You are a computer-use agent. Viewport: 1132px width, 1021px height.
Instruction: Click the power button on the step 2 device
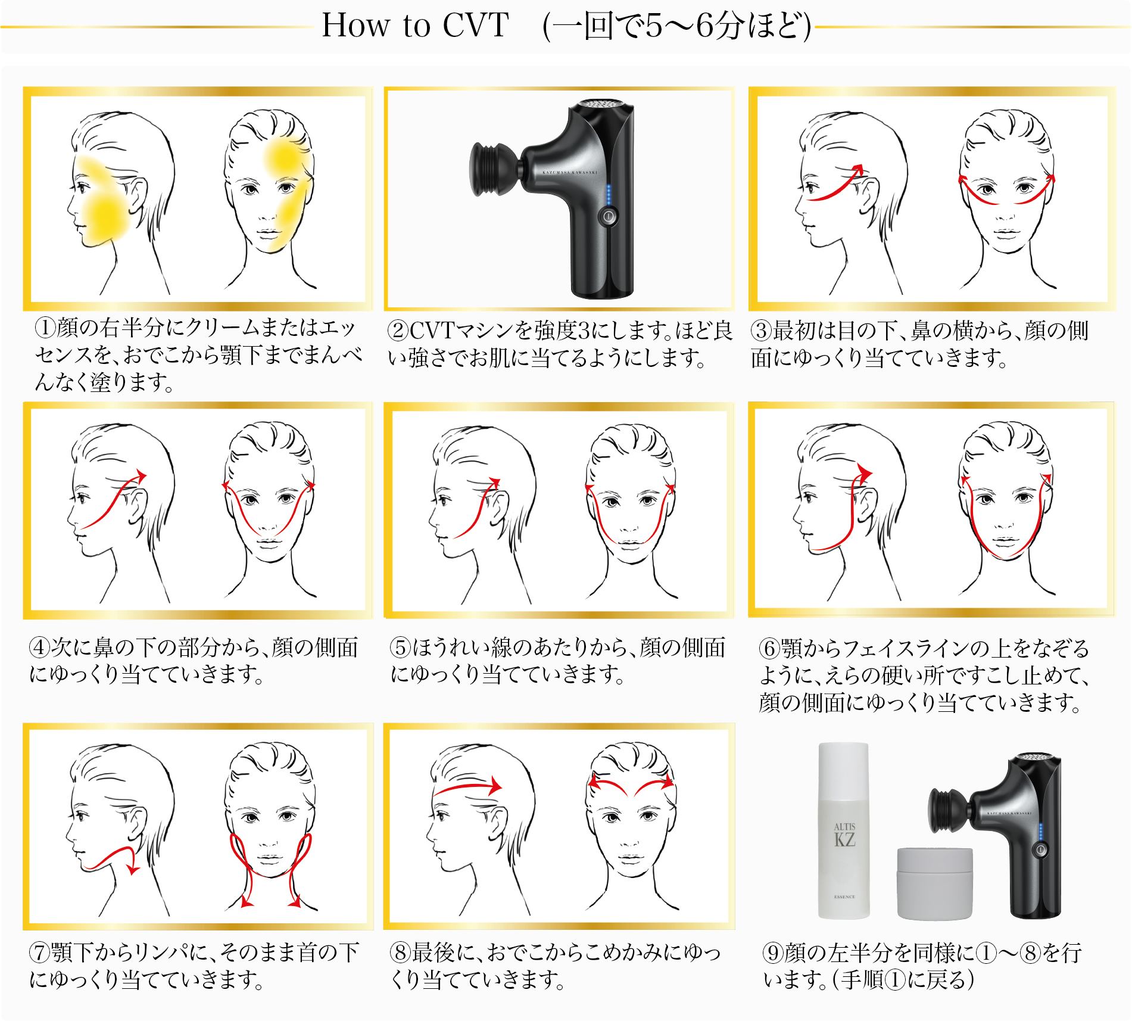[x=608, y=216]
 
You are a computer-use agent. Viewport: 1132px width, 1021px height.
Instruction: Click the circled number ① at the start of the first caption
[x=46, y=327]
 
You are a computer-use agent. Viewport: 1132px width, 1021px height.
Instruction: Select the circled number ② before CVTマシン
[x=398, y=331]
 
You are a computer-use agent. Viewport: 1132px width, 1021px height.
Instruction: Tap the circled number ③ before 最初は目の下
[x=761, y=331]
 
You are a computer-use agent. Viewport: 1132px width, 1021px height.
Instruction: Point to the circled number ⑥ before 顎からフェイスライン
[x=770, y=648]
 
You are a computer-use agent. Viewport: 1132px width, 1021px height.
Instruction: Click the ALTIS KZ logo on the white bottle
[x=844, y=835]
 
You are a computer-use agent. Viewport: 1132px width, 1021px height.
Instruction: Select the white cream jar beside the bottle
[x=934, y=883]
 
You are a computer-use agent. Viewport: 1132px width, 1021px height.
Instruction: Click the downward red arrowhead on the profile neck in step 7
[x=133, y=870]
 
